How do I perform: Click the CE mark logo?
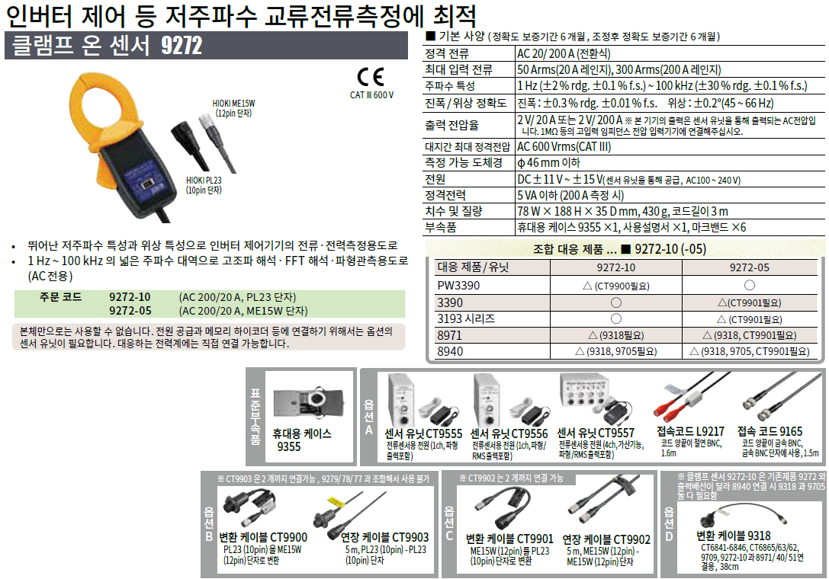(371, 77)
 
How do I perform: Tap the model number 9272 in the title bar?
(182, 46)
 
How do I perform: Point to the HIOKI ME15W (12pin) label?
(233, 108)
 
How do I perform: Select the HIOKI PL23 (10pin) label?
(204, 185)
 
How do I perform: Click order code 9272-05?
(130, 311)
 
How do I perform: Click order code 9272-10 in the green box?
(130, 297)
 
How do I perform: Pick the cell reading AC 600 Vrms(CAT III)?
(564, 147)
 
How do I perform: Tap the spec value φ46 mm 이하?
(549, 163)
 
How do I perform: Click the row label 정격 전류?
(447, 54)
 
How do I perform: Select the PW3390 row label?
(458, 285)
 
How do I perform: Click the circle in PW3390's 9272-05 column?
(749, 285)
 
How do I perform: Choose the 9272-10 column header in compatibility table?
(616, 267)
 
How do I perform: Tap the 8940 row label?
(450, 351)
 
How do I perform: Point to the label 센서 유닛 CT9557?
(596, 433)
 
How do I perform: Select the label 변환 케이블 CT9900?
(263, 537)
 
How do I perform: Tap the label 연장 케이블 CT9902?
(606, 539)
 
